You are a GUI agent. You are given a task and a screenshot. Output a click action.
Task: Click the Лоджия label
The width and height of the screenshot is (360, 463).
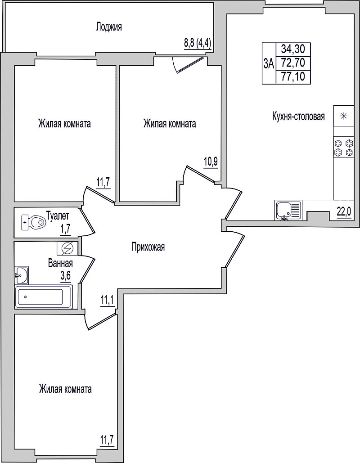click(109, 27)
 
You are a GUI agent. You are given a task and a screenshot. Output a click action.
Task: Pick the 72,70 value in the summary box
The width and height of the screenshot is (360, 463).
click(293, 63)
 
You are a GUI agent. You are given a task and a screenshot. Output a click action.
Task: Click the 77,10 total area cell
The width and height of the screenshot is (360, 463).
click(293, 77)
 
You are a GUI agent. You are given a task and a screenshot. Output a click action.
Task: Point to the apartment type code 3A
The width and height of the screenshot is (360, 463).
click(269, 63)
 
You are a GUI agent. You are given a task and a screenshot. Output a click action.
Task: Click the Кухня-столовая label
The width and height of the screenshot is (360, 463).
click(298, 117)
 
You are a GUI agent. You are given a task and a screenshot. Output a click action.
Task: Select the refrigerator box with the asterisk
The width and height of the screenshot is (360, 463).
click(343, 116)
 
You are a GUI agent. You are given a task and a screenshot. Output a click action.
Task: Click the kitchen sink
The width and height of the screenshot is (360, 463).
click(288, 210)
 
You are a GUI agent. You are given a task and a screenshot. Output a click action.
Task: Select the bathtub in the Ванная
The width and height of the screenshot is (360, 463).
click(43, 297)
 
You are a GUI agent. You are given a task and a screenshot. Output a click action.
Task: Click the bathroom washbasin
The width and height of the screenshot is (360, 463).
click(21, 275)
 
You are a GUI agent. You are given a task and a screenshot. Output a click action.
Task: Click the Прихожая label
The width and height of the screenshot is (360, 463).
click(148, 247)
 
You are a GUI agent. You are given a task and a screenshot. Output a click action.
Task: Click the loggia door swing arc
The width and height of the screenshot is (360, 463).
click(175, 65)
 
